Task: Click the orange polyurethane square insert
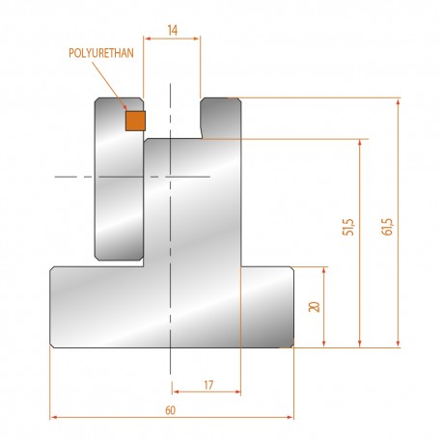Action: click(x=135, y=121)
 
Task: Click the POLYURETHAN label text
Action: click(x=101, y=53)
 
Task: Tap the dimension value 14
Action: click(x=173, y=30)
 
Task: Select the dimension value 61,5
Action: click(x=387, y=227)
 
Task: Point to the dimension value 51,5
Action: click(x=348, y=227)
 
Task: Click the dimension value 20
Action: click(x=314, y=307)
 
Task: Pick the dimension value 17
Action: click(x=208, y=385)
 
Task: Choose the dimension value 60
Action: click(x=170, y=410)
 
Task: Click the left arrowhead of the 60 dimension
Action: click(x=54, y=417)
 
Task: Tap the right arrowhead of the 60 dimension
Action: click(x=290, y=417)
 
